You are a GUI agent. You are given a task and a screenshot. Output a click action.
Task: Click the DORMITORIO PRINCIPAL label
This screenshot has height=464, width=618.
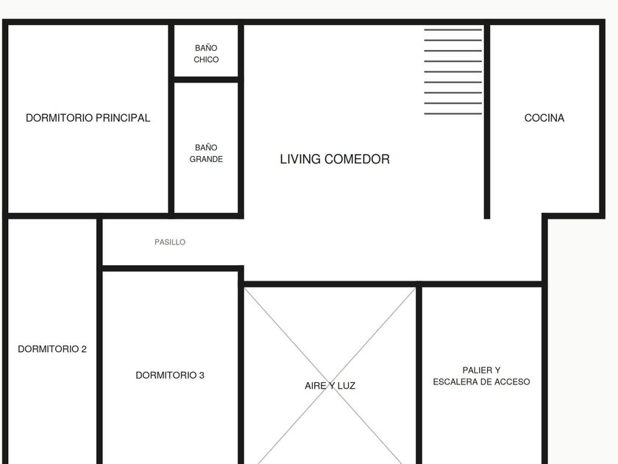click(x=88, y=118)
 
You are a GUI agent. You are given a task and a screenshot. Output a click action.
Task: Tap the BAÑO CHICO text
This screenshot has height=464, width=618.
click(x=206, y=54)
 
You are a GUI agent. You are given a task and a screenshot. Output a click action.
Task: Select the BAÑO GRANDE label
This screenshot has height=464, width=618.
click(x=206, y=153)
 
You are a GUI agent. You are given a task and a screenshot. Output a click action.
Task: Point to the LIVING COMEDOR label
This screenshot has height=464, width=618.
click(x=335, y=159)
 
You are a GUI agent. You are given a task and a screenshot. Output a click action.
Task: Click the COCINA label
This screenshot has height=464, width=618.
click(x=544, y=118)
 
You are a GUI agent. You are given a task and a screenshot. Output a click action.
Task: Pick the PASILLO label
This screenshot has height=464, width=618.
click(x=170, y=242)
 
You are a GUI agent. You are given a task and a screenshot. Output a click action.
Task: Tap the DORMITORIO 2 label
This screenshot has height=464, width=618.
click(x=52, y=349)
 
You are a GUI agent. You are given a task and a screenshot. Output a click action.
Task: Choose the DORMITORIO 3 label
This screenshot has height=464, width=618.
click(x=170, y=375)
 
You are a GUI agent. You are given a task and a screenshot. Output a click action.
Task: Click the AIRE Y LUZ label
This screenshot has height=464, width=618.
click(x=330, y=385)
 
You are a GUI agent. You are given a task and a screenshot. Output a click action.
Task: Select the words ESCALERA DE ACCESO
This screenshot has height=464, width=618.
click(x=481, y=382)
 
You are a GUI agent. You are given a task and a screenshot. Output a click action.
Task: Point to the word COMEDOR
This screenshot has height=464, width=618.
click(x=357, y=159)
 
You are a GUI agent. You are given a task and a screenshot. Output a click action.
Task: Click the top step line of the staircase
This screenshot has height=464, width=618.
click(x=453, y=29)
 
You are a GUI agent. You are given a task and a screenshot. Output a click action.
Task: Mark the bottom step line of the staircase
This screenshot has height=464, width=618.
click(x=453, y=113)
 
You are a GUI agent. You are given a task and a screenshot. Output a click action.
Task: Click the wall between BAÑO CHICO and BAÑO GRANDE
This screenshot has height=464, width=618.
click(x=206, y=80)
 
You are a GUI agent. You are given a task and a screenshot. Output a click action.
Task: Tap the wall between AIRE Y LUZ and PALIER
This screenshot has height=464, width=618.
click(x=419, y=376)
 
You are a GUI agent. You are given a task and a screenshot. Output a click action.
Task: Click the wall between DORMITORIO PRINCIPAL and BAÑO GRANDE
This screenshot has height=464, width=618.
click(x=171, y=119)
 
